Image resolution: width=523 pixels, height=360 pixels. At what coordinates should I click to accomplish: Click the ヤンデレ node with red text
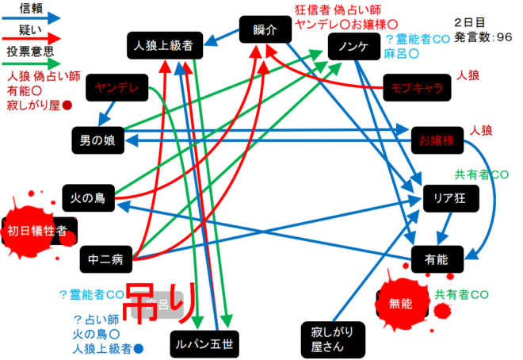pos(112,86)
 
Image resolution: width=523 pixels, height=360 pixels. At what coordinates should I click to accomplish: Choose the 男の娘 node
pos(97,140)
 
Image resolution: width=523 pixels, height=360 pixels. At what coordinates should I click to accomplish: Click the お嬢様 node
pos(437,140)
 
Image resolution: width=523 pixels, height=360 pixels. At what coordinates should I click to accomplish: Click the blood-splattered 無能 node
pos(401,302)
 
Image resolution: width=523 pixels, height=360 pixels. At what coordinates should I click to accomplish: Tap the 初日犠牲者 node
pos(41,231)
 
